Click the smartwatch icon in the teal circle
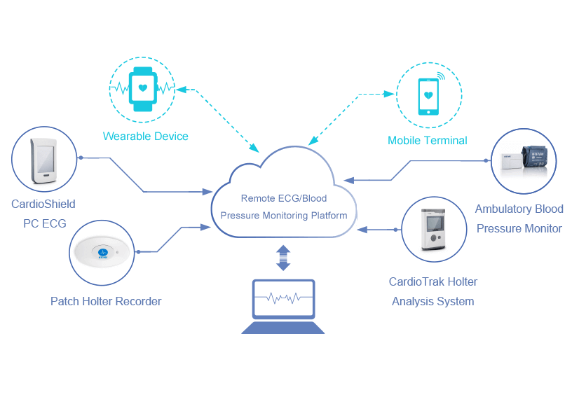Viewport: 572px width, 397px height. click(x=144, y=89)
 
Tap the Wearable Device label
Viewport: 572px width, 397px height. click(x=145, y=136)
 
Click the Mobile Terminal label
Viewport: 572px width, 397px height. click(x=427, y=140)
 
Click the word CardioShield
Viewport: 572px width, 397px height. click(x=43, y=204)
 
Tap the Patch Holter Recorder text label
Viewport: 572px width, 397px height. click(x=106, y=301)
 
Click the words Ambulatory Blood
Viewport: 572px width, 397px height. click(x=519, y=209)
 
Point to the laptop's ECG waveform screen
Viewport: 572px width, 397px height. click(x=283, y=298)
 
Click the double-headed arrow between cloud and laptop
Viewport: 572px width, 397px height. click(x=283, y=258)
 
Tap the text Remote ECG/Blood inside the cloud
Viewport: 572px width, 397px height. click(x=283, y=198)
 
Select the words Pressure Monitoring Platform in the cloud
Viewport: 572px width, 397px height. click(x=283, y=215)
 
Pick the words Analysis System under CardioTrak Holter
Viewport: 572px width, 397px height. click(x=433, y=301)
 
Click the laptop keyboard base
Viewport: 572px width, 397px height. click(x=283, y=327)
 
